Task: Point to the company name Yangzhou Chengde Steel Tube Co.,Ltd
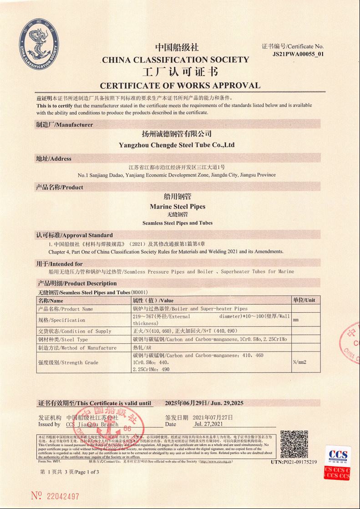pyautogui.click(x=177, y=145)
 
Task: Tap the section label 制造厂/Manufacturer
pyautogui.click(x=64, y=124)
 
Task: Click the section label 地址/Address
pyautogui.click(x=54, y=158)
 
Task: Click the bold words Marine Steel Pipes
pyautogui.click(x=177, y=206)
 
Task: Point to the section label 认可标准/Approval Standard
pyautogui.click(x=74, y=235)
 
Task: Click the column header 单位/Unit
pyautogui.click(x=304, y=300)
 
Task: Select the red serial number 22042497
pyautogui.click(x=60, y=495)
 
